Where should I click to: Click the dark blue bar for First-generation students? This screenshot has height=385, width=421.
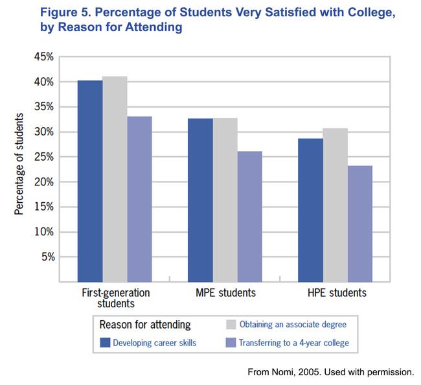pos(90,181)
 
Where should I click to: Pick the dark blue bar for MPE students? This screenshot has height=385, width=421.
pos(200,200)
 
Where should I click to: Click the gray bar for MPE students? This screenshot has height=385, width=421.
pos(225,200)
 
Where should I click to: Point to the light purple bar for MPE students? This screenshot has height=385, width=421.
pos(249,216)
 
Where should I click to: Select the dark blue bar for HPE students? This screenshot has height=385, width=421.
pos(310,210)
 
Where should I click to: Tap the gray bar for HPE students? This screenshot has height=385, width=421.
pos(335,205)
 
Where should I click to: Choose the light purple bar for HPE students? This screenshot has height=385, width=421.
pos(359,224)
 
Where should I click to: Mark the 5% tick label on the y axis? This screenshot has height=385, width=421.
pos(47,257)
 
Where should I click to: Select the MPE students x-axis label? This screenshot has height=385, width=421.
pos(225,293)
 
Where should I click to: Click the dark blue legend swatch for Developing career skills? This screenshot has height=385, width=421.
pos(104,342)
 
